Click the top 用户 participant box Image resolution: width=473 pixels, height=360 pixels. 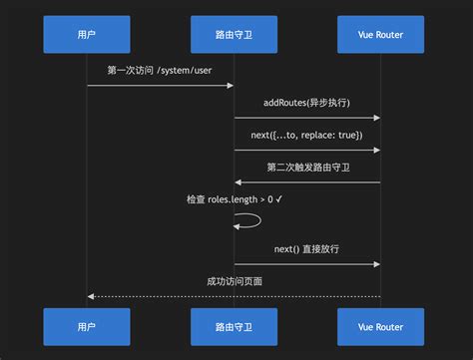click(87, 34)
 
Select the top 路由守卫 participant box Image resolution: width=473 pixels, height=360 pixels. click(234, 34)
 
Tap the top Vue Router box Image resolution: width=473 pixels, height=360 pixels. click(380, 34)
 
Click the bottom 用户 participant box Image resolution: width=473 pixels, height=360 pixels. click(87, 327)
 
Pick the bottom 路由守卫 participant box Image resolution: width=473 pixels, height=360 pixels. click(234, 327)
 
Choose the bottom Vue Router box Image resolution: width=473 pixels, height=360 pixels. click(380, 327)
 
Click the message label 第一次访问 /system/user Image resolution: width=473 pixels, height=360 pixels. click(160, 71)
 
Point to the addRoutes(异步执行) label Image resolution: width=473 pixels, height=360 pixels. click(306, 103)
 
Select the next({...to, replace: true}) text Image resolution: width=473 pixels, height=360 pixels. click(306, 135)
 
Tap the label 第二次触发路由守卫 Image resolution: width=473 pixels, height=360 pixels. click(306, 167)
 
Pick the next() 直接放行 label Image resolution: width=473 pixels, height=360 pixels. click(306, 248)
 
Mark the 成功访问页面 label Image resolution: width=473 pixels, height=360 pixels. click(234, 281)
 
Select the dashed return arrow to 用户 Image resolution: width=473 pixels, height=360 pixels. click(234, 296)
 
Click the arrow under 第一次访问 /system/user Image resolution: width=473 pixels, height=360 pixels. click(160, 86)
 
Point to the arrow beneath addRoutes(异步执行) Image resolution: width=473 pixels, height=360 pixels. click(306, 118)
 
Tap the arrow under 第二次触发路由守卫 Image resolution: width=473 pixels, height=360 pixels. click(306, 182)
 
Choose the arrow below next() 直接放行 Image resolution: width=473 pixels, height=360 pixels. click(306, 264)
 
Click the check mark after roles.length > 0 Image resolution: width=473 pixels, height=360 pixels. click(279, 199)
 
